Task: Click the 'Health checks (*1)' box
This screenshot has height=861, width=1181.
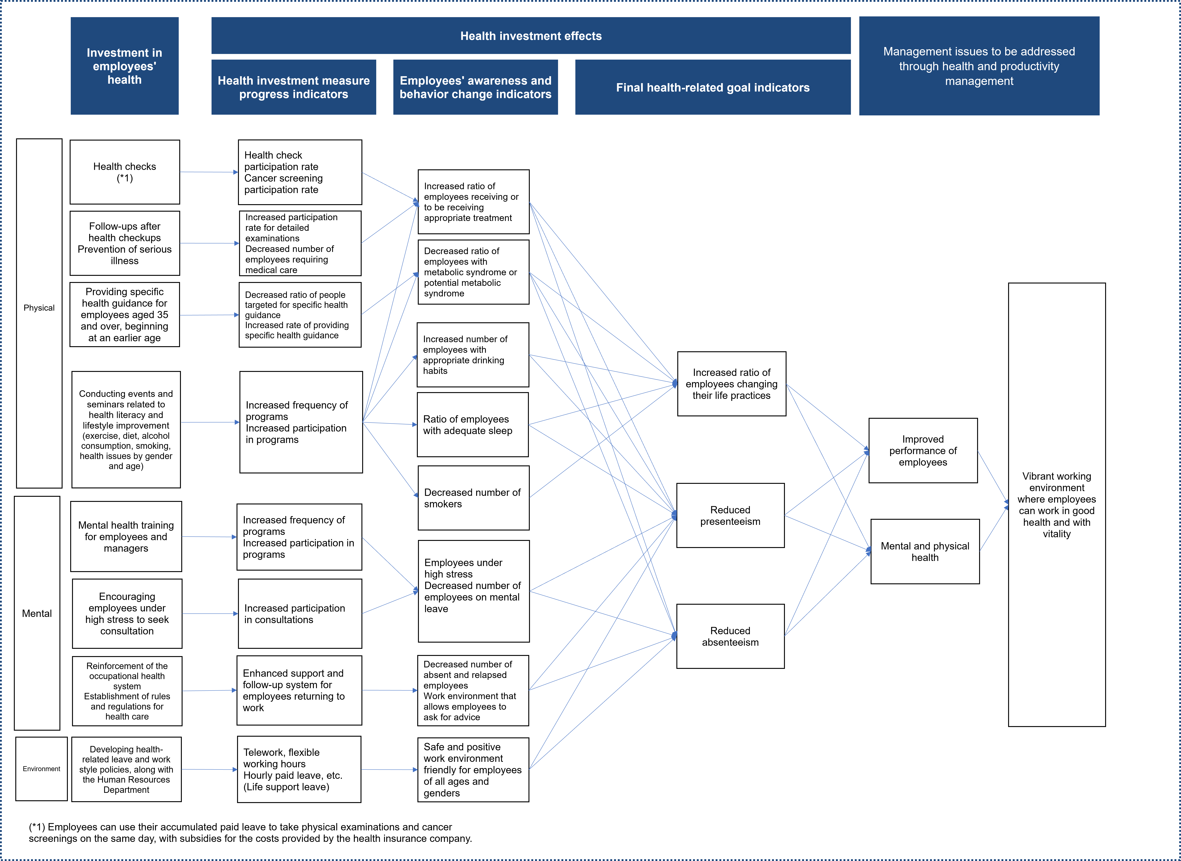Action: [x=125, y=172]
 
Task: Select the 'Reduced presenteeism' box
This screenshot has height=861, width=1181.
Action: [x=731, y=516]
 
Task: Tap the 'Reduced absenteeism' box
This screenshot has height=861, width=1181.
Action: [x=731, y=636]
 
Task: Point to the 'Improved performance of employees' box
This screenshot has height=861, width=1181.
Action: [x=923, y=450]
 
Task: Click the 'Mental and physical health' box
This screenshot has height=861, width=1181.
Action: [x=925, y=551]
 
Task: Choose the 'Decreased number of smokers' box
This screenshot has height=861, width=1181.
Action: [x=473, y=498]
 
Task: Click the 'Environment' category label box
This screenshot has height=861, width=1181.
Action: [x=42, y=769]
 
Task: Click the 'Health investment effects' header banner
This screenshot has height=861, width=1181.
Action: [x=531, y=35]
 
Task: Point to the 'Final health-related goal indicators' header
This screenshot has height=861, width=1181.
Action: [x=713, y=87]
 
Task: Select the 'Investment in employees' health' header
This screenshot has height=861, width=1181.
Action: [x=125, y=66]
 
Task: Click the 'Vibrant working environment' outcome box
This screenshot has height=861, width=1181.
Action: [x=1057, y=504]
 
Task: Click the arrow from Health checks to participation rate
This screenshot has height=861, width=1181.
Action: [x=209, y=172]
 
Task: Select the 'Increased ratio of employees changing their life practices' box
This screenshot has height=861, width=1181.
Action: [x=731, y=384]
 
